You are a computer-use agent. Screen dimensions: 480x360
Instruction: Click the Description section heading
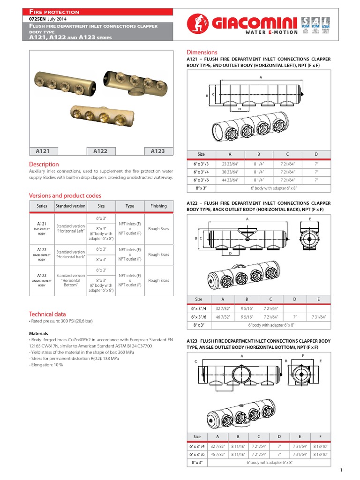44,165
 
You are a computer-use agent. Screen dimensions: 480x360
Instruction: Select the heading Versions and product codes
65,195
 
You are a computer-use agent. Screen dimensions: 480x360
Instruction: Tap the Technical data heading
47,314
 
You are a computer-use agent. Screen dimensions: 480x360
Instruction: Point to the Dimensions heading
202,52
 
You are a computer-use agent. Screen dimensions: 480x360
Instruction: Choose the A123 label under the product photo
157,151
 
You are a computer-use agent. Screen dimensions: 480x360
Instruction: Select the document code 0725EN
39,18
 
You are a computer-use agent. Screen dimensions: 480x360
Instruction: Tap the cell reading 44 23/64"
230,180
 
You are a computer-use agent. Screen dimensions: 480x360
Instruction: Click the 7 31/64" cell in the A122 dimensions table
318,317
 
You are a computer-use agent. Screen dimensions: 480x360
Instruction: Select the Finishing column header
158,206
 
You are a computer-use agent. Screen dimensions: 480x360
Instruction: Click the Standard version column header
71,206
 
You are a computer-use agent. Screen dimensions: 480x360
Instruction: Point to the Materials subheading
38,333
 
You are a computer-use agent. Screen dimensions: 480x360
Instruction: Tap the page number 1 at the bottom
341,470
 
